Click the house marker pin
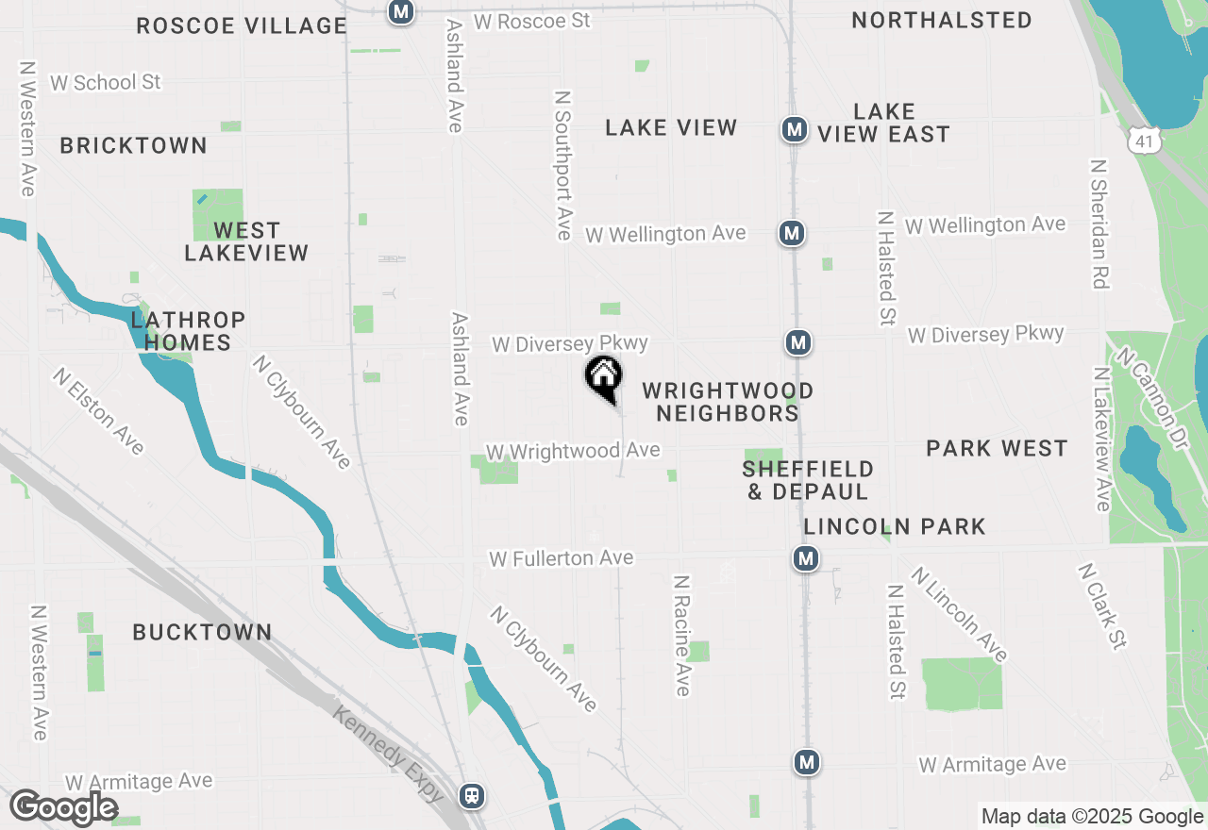(604, 378)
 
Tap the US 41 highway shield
(1145, 140)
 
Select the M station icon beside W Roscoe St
(401, 12)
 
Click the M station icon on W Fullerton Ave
(805, 559)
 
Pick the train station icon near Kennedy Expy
(472, 795)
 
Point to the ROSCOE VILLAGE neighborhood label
(242, 25)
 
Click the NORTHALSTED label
(941, 20)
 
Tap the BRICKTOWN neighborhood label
(133, 145)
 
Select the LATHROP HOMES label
(188, 331)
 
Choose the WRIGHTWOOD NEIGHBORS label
(727, 402)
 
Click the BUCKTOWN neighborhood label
(202, 632)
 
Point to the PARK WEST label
(997, 448)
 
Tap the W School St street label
(106, 82)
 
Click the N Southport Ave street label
(563, 165)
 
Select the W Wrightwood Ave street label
(572, 451)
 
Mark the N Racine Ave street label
(682, 635)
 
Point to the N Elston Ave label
(99, 411)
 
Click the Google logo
(63, 808)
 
